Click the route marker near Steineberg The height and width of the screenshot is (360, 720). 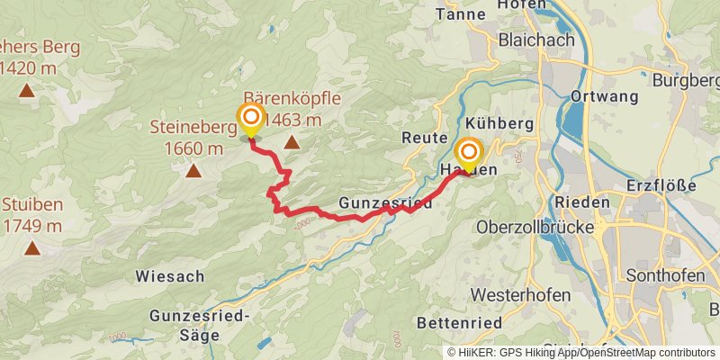click(250, 118)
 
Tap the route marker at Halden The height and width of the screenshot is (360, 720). click(468, 152)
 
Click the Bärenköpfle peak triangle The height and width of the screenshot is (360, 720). click(292, 142)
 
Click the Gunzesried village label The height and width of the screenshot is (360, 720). click(385, 204)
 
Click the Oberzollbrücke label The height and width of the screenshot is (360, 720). click(537, 228)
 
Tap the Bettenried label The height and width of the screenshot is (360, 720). click(457, 321)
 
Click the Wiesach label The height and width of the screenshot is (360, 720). click(170, 275)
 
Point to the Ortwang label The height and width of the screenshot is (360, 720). click(604, 96)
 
